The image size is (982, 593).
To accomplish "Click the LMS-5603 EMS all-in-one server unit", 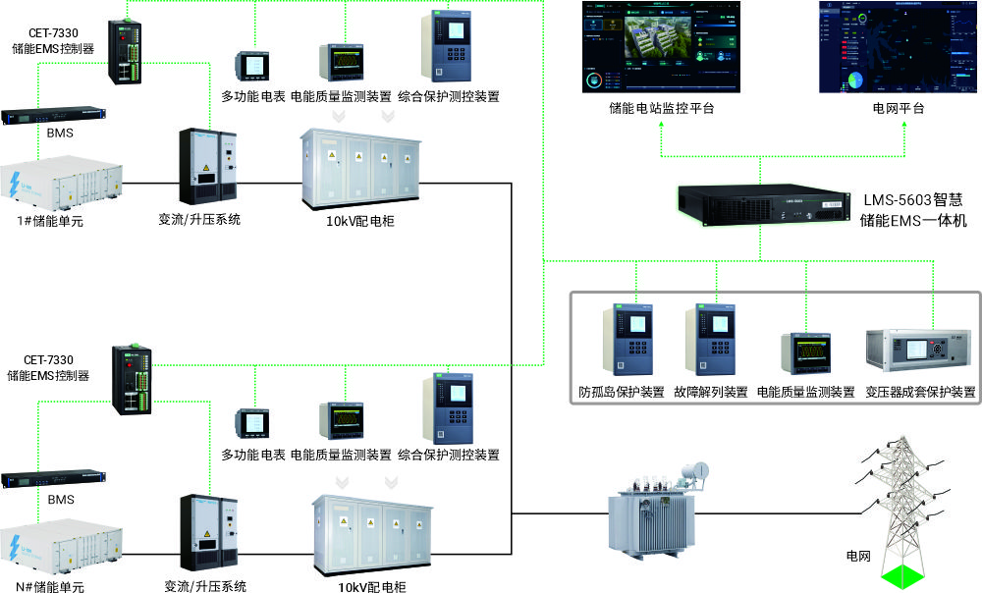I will [x=761, y=203].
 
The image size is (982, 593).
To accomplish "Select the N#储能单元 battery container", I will [x=63, y=550].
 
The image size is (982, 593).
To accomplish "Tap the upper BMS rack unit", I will [x=51, y=115].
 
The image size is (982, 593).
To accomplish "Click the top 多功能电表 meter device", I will [x=252, y=66].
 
